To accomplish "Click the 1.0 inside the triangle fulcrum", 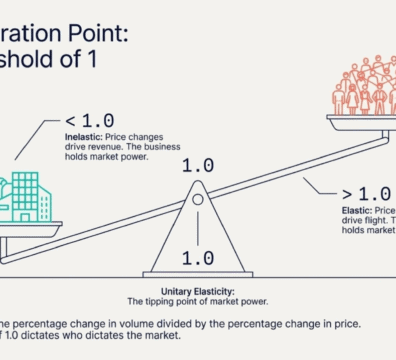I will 198,257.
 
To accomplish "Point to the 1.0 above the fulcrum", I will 198,164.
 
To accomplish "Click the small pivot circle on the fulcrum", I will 198,199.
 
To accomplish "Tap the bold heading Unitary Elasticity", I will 198,289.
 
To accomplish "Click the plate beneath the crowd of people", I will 362,121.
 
